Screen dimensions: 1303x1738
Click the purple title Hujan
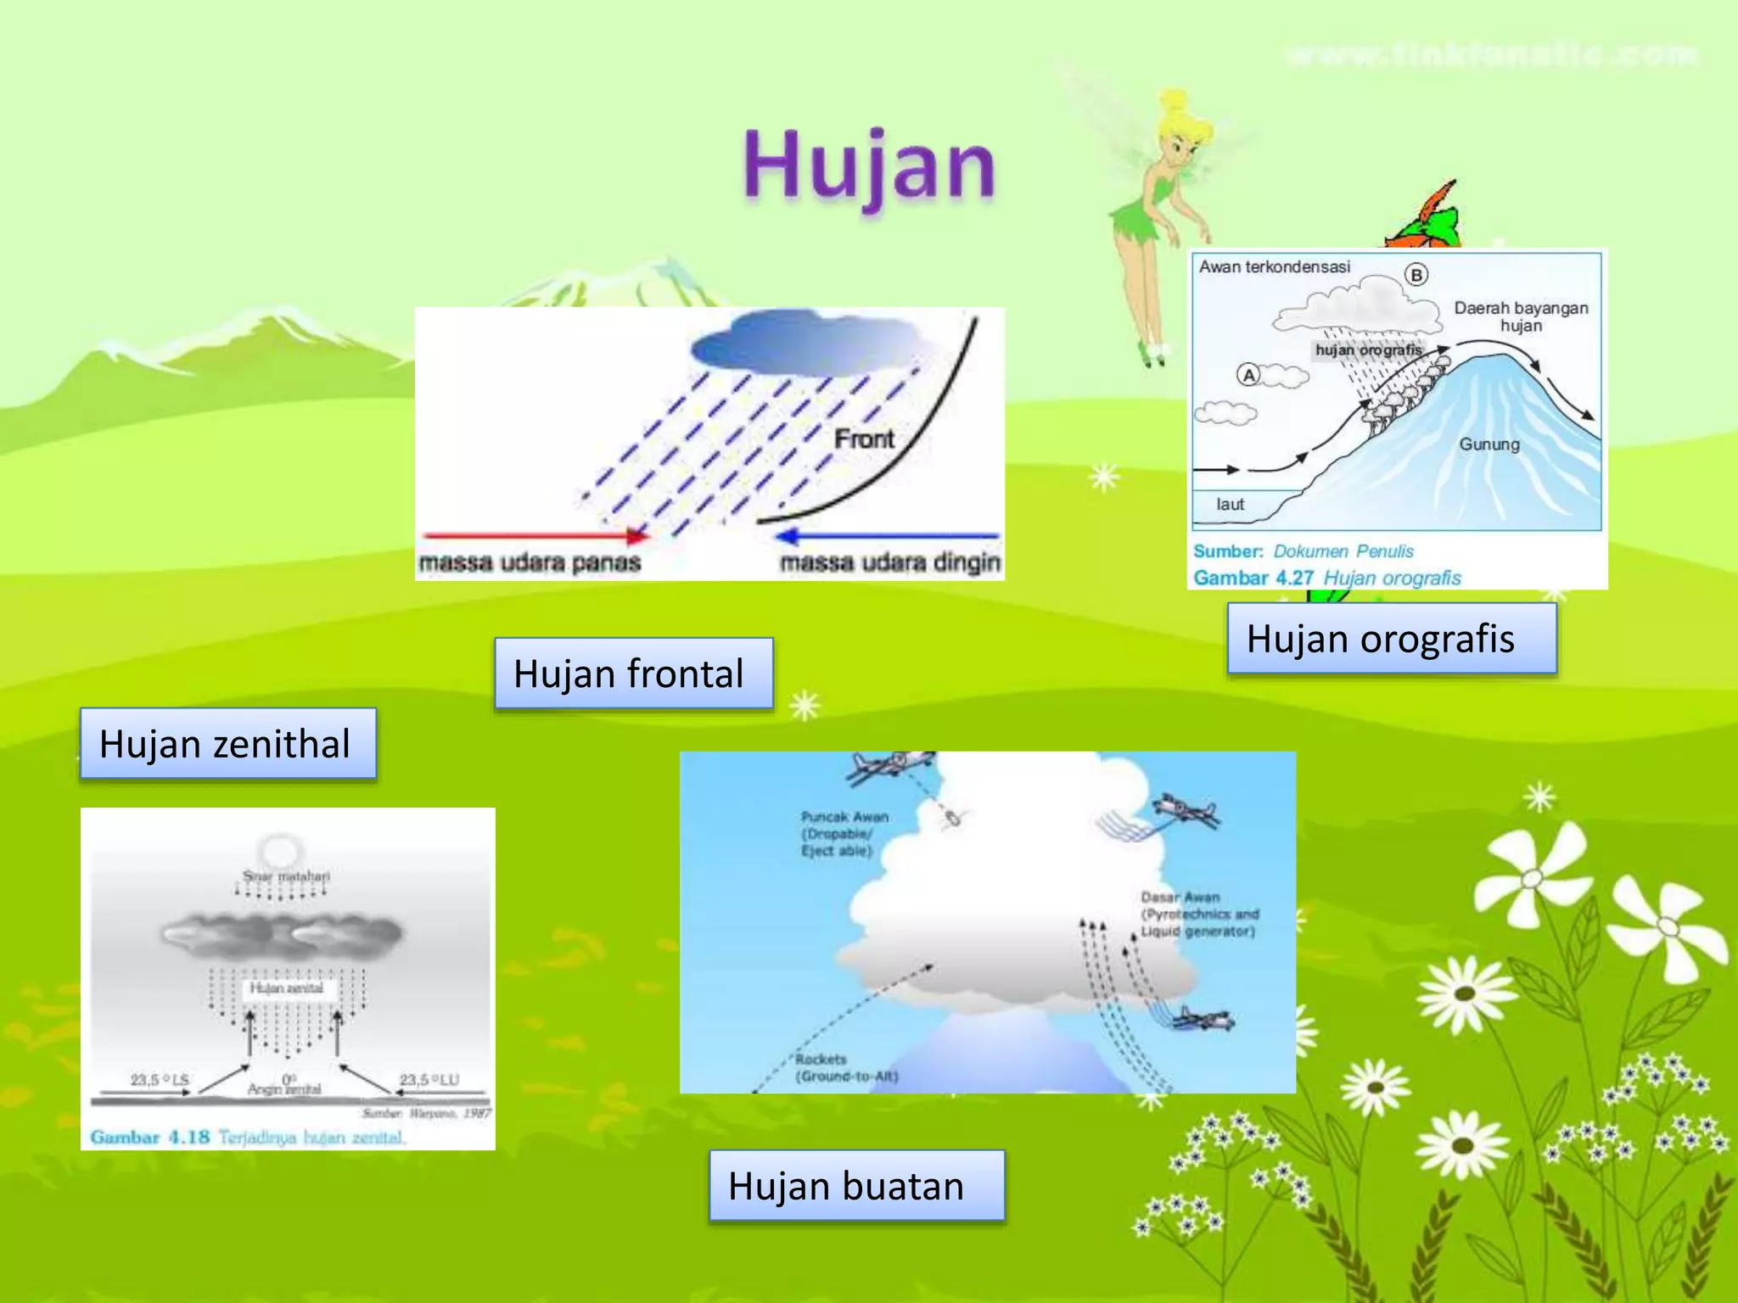tap(868, 165)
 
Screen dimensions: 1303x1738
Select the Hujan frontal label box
tap(633, 674)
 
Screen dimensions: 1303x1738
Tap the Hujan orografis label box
tap(1391, 639)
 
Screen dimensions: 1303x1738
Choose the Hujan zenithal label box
tap(227, 744)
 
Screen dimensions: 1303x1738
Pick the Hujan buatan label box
tap(855, 1185)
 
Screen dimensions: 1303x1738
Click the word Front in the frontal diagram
tap(864, 439)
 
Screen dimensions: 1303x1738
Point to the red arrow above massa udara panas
tap(535, 535)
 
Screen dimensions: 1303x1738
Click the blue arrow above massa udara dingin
tap(887, 535)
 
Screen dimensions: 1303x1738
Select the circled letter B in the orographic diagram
tap(1416, 275)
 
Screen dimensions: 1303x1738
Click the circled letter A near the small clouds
tap(1248, 374)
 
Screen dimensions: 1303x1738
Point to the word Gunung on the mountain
tap(1489, 444)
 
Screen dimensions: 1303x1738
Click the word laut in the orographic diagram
tap(1230, 504)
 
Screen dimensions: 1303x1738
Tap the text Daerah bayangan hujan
tap(1521, 316)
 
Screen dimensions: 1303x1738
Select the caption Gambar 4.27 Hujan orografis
tap(1327, 578)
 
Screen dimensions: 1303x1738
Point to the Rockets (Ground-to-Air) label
tap(845, 1068)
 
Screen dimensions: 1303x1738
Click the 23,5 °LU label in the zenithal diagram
tap(429, 1079)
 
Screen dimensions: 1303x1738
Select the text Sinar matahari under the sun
tap(286, 875)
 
